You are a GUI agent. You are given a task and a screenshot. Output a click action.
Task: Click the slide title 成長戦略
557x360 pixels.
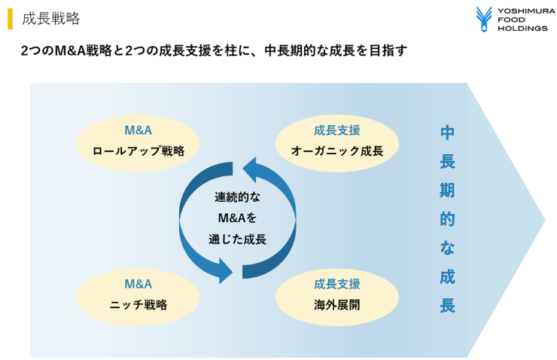tap(51, 19)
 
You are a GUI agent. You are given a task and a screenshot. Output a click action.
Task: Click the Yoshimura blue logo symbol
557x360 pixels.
tap(483, 19)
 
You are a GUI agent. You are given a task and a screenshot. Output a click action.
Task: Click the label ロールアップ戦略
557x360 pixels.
tap(138, 151)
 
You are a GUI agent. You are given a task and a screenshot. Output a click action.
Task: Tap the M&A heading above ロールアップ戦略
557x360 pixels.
tap(138, 130)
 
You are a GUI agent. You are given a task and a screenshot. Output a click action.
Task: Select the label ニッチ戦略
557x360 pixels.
tap(138, 305)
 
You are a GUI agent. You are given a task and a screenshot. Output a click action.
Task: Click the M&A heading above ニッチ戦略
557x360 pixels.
tap(138, 285)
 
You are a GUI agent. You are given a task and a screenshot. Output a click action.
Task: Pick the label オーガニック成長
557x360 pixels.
tap(337, 151)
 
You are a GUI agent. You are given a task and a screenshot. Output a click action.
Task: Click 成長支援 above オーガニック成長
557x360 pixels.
tap(337, 130)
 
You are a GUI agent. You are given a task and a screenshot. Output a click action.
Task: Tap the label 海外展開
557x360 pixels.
tap(337, 305)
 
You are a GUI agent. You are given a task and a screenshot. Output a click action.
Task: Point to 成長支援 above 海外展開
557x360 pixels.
tap(337, 285)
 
